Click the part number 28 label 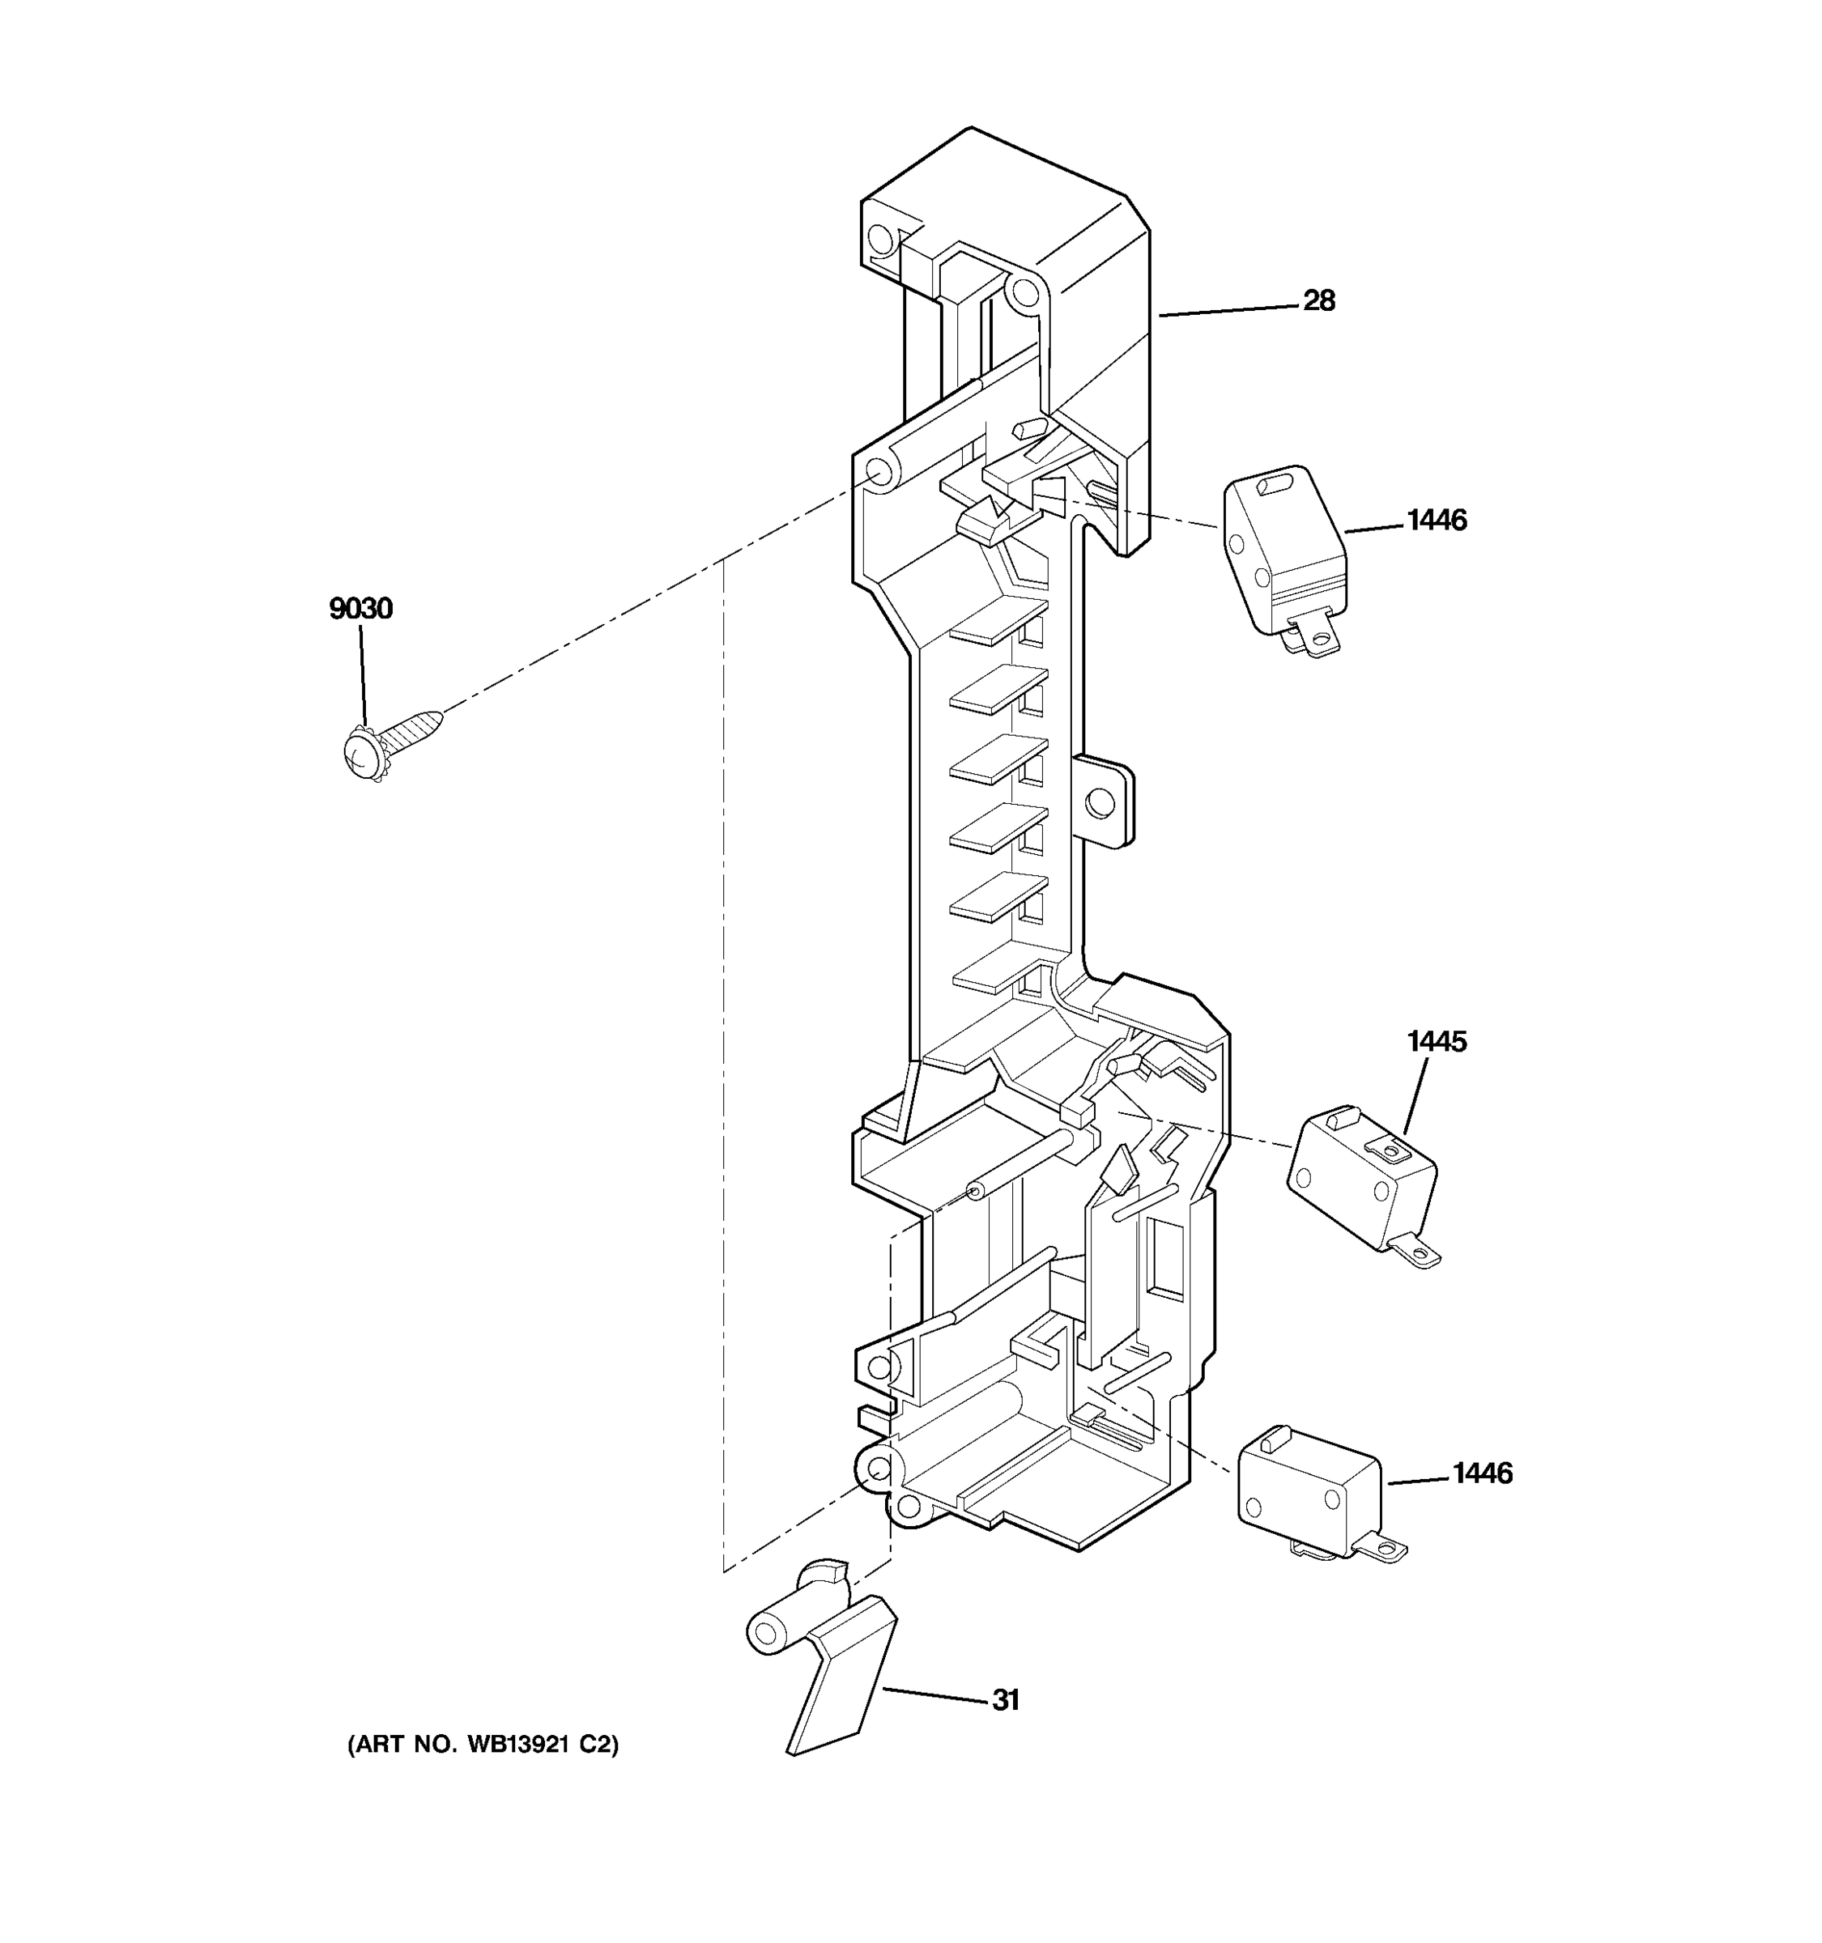point(1318,301)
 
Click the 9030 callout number point(360,609)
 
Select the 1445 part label point(1436,1042)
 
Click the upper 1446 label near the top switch point(1436,520)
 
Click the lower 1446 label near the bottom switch point(1482,1473)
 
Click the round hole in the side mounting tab point(1100,803)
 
